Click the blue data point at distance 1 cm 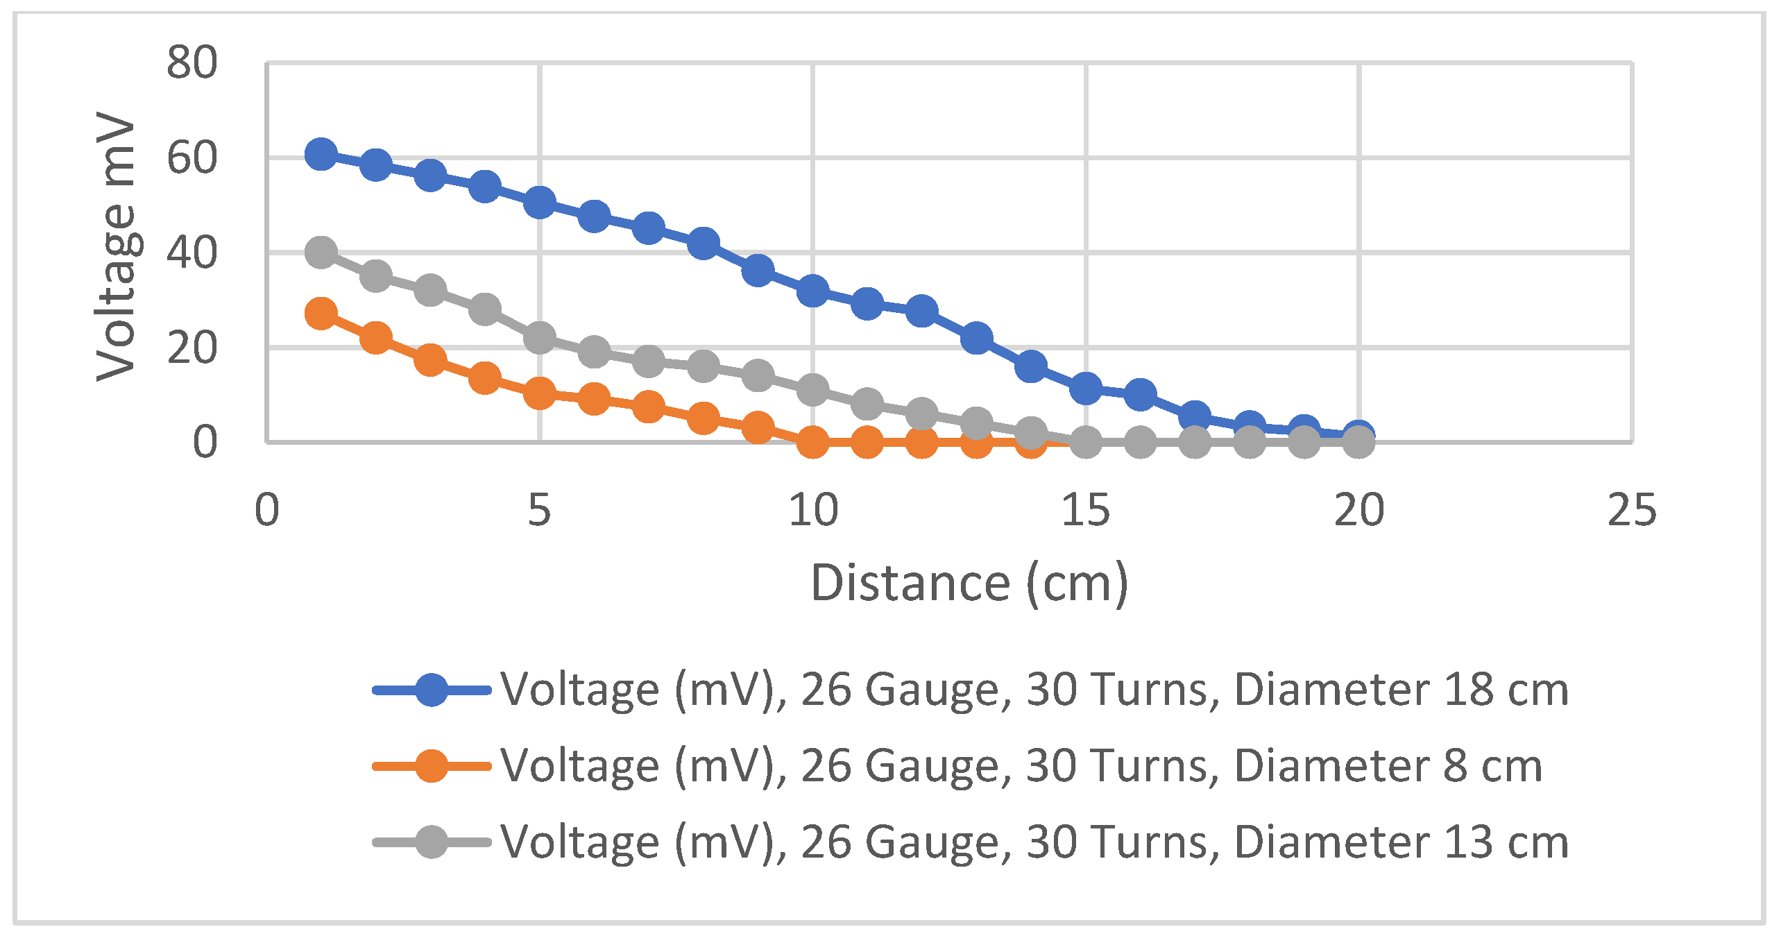click(321, 153)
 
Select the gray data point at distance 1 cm click(321, 252)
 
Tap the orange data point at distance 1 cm click(321, 314)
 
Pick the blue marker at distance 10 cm click(812, 290)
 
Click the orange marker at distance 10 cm click(812, 441)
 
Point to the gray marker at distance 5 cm click(539, 337)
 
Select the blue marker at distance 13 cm click(976, 337)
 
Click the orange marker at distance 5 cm click(539, 393)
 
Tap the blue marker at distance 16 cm click(1140, 394)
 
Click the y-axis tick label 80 click(191, 62)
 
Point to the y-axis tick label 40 click(191, 253)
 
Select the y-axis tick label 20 click(191, 348)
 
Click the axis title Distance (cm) click(969, 583)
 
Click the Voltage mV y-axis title click(117, 246)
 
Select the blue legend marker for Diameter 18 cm click(431, 690)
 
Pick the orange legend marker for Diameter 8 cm click(431, 766)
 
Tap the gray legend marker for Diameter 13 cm click(431, 842)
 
